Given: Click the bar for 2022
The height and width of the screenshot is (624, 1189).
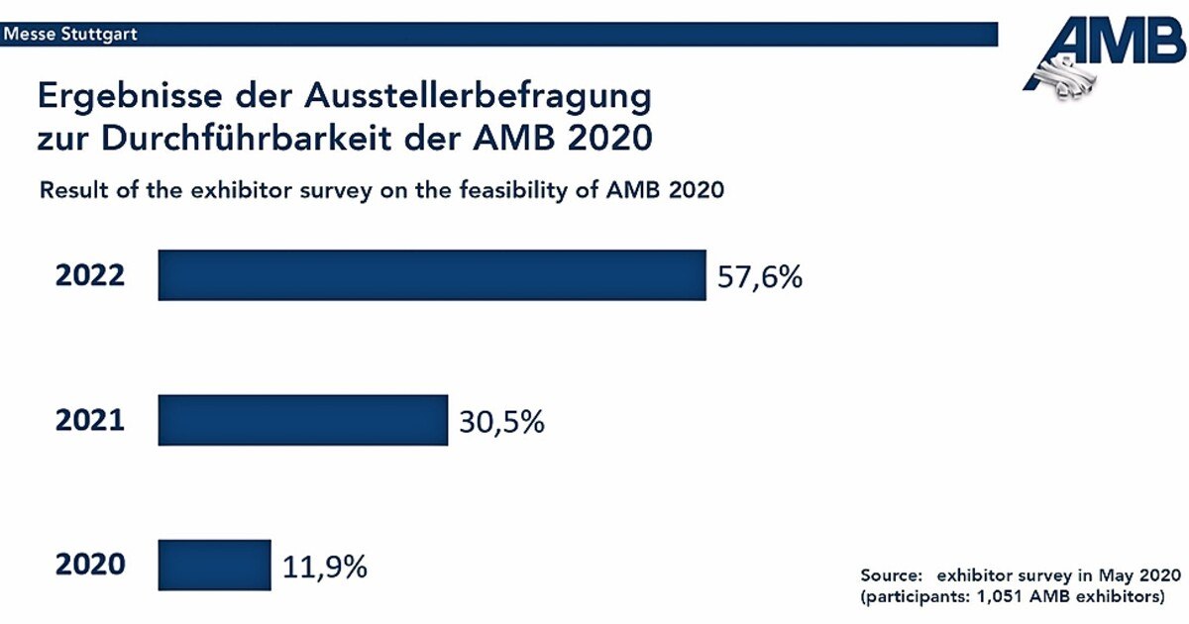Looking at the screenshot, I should point(431,275).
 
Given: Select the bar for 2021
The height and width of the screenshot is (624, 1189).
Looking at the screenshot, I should point(302,420).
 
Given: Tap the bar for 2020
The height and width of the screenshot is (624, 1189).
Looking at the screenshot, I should point(214,565).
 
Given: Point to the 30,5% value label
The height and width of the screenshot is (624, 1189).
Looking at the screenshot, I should point(501,422).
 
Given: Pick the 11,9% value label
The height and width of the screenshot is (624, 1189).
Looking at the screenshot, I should point(325,567).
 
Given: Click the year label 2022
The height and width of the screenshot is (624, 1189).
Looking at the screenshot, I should point(90,275).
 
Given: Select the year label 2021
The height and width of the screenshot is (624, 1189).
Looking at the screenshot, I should point(90,420).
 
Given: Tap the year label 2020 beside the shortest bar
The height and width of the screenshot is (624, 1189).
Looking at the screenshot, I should point(90,565).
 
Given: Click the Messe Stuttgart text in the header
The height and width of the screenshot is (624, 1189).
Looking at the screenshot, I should point(70,35).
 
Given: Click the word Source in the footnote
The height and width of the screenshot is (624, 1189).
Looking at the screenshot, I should point(892,575).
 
